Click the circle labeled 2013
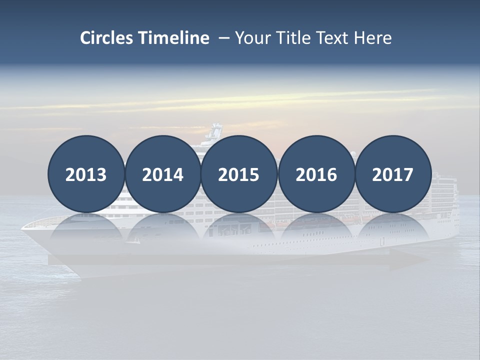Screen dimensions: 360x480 coord(86,174)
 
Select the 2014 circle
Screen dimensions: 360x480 coord(163,174)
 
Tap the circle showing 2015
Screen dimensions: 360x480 coord(239,174)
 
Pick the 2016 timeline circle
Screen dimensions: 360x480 coord(316,174)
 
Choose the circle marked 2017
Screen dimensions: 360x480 coord(393,174)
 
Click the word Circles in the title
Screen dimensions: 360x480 coord(107,38)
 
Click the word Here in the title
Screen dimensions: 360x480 coord(373,38)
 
